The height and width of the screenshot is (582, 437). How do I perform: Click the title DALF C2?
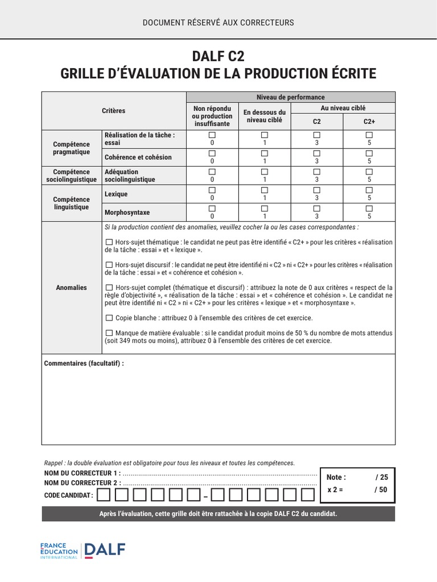[218, 57]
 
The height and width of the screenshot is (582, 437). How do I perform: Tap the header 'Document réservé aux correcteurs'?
[218, 23]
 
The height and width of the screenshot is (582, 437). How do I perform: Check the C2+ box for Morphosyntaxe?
[369, 209]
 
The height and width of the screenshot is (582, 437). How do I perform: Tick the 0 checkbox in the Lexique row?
[212, 190]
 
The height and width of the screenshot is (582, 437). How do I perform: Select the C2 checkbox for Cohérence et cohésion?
[317, 153]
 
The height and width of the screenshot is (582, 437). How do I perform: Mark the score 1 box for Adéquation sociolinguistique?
[264, 171]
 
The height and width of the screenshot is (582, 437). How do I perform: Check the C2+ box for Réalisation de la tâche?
[369, 135]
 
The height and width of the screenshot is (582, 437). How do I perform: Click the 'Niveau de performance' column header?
[291, 97]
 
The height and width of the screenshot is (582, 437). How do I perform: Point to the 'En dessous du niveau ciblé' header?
[264, 116]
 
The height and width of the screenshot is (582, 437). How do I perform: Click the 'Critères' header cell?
[114, 111]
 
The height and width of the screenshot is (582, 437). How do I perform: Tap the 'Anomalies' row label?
[72, 288]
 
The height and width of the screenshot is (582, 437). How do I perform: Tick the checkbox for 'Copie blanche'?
[109, 318]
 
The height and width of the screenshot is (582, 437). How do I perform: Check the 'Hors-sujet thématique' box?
[109, 242]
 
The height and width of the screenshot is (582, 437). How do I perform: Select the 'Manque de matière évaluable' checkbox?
[109, 333]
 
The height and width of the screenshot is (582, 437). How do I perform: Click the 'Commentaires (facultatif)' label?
[84, 363]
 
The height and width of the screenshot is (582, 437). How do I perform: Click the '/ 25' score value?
[381, 477]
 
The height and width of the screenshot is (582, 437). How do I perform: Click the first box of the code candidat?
[104, 494]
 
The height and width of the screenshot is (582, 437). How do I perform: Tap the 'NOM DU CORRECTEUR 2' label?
[83, 483]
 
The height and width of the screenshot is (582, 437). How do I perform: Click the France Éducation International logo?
[59, 550]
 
